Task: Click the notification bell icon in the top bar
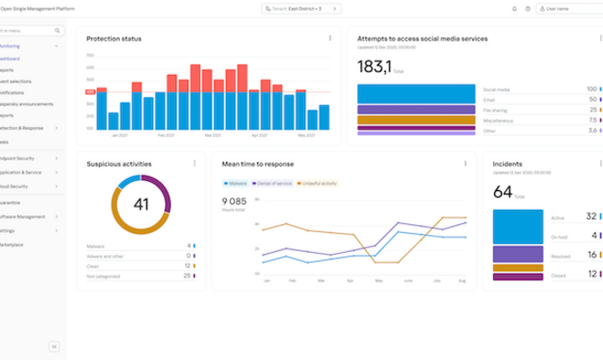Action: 514,9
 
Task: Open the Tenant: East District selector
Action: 301,9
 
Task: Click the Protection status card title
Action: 113,39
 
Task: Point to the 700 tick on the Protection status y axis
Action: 91,55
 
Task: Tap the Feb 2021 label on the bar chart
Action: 166,136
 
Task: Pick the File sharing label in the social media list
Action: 495,110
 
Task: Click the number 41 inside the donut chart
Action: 140,204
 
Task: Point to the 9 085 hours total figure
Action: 234,201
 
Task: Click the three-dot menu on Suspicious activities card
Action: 194,164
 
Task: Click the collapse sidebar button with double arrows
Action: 53,346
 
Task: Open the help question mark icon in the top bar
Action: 527,9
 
